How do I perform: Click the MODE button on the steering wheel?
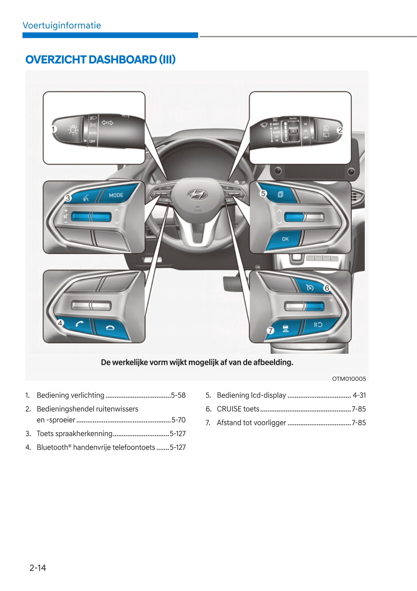(116, 195)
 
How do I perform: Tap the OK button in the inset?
(285, 239)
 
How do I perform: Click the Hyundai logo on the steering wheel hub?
(198, 194)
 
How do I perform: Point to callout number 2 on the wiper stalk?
(340, 130)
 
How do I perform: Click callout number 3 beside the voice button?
(68, 198)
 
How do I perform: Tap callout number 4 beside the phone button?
(60, 323)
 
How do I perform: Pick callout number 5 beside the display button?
(263, 193)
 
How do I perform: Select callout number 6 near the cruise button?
(327, 288)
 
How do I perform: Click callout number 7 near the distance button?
(270, 331)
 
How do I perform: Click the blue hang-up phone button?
(110, 327)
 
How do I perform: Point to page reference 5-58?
(178, 395)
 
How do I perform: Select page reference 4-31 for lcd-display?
(359, 395)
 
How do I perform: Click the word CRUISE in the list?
(229, 409)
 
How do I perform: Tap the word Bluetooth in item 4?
(52, 447)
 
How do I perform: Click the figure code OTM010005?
(349, 379)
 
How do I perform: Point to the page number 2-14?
(38, 567)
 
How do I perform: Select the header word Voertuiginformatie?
(62, 25)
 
